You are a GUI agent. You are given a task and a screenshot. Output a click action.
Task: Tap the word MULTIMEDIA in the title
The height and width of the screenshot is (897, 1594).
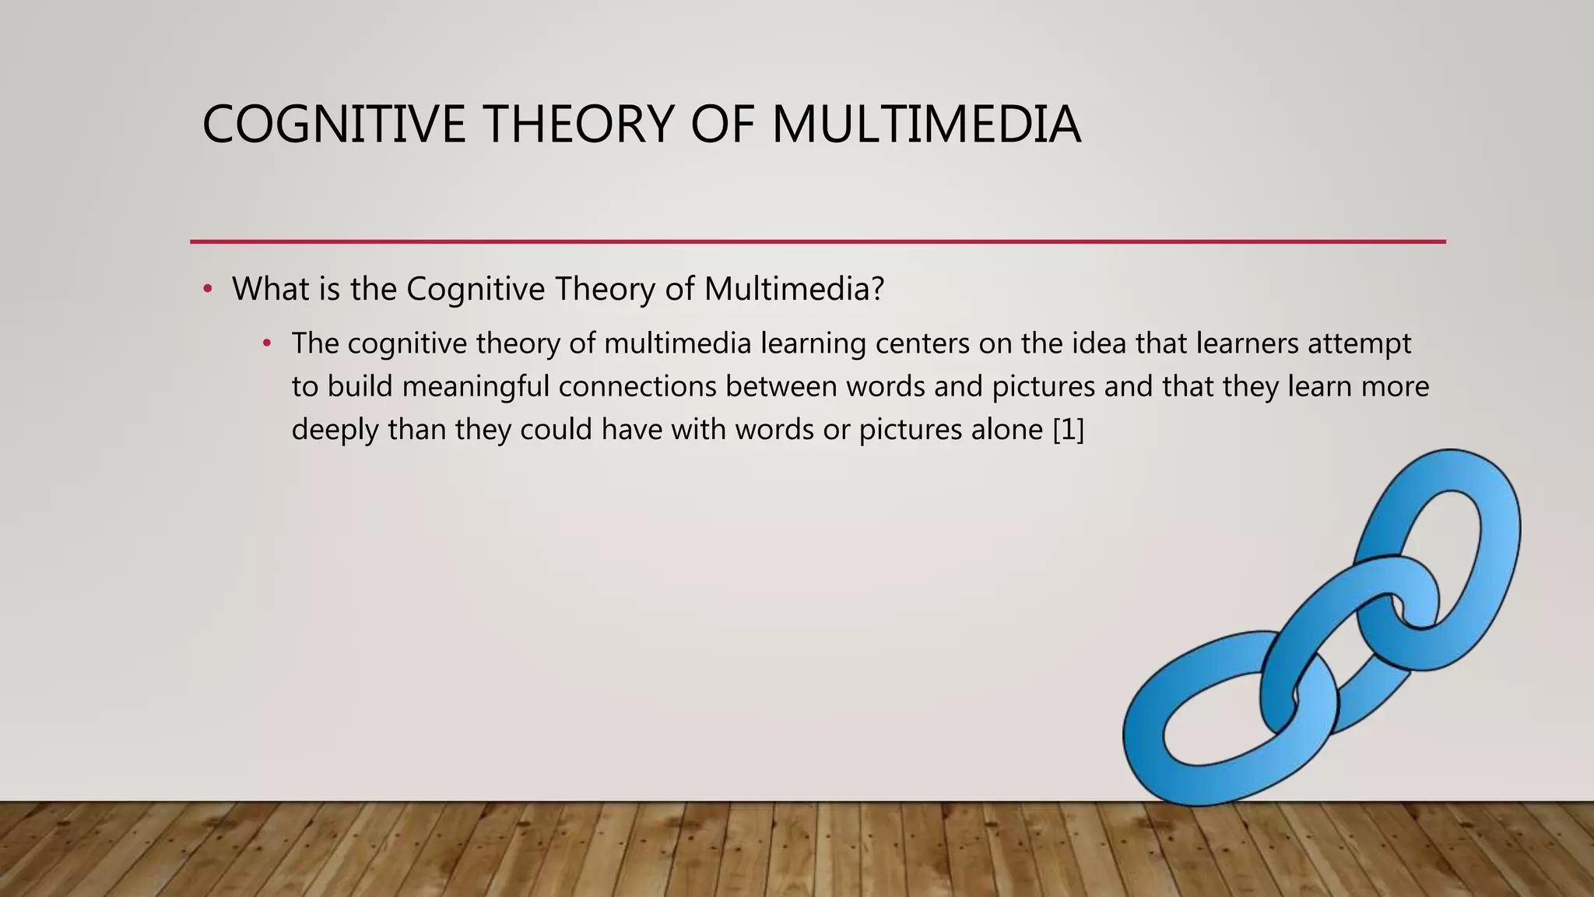tap(925, 125)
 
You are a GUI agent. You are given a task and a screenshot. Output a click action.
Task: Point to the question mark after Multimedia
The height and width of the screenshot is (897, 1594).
tap(878, 289)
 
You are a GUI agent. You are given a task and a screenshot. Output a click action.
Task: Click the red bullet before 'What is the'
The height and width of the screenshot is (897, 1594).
tap(207, 290)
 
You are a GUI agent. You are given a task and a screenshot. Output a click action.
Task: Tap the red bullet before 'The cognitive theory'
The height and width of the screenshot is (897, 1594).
tap(267, 343)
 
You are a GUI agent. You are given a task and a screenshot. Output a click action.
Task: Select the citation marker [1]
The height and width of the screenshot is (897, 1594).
tap(1068, 429)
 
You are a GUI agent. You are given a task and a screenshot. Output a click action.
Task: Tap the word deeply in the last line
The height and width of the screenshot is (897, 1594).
tap(335, 430)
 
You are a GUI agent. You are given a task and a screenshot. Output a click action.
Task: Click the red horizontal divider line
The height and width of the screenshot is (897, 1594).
tap(817, 241)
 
